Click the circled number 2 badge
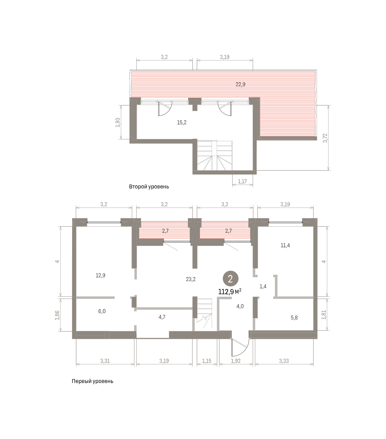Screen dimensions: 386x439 230,279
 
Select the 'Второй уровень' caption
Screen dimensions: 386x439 149,187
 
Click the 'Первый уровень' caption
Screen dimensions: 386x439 92,381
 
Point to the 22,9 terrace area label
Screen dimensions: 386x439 240,85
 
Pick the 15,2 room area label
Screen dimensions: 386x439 182,123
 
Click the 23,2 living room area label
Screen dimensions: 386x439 191,279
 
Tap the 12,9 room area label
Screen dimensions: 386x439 100,275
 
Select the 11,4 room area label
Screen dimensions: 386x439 285,245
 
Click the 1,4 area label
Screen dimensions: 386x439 263,286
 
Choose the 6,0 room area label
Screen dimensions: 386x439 102,311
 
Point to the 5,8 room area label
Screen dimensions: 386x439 294,318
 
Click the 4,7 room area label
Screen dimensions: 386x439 162,317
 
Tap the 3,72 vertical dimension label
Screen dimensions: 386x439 325,138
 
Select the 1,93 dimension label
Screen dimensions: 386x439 118,123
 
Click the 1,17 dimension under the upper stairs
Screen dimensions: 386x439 242,181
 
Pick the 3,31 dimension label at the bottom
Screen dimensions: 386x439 105,361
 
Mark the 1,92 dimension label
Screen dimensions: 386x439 235,361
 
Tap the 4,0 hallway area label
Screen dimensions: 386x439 240,307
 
